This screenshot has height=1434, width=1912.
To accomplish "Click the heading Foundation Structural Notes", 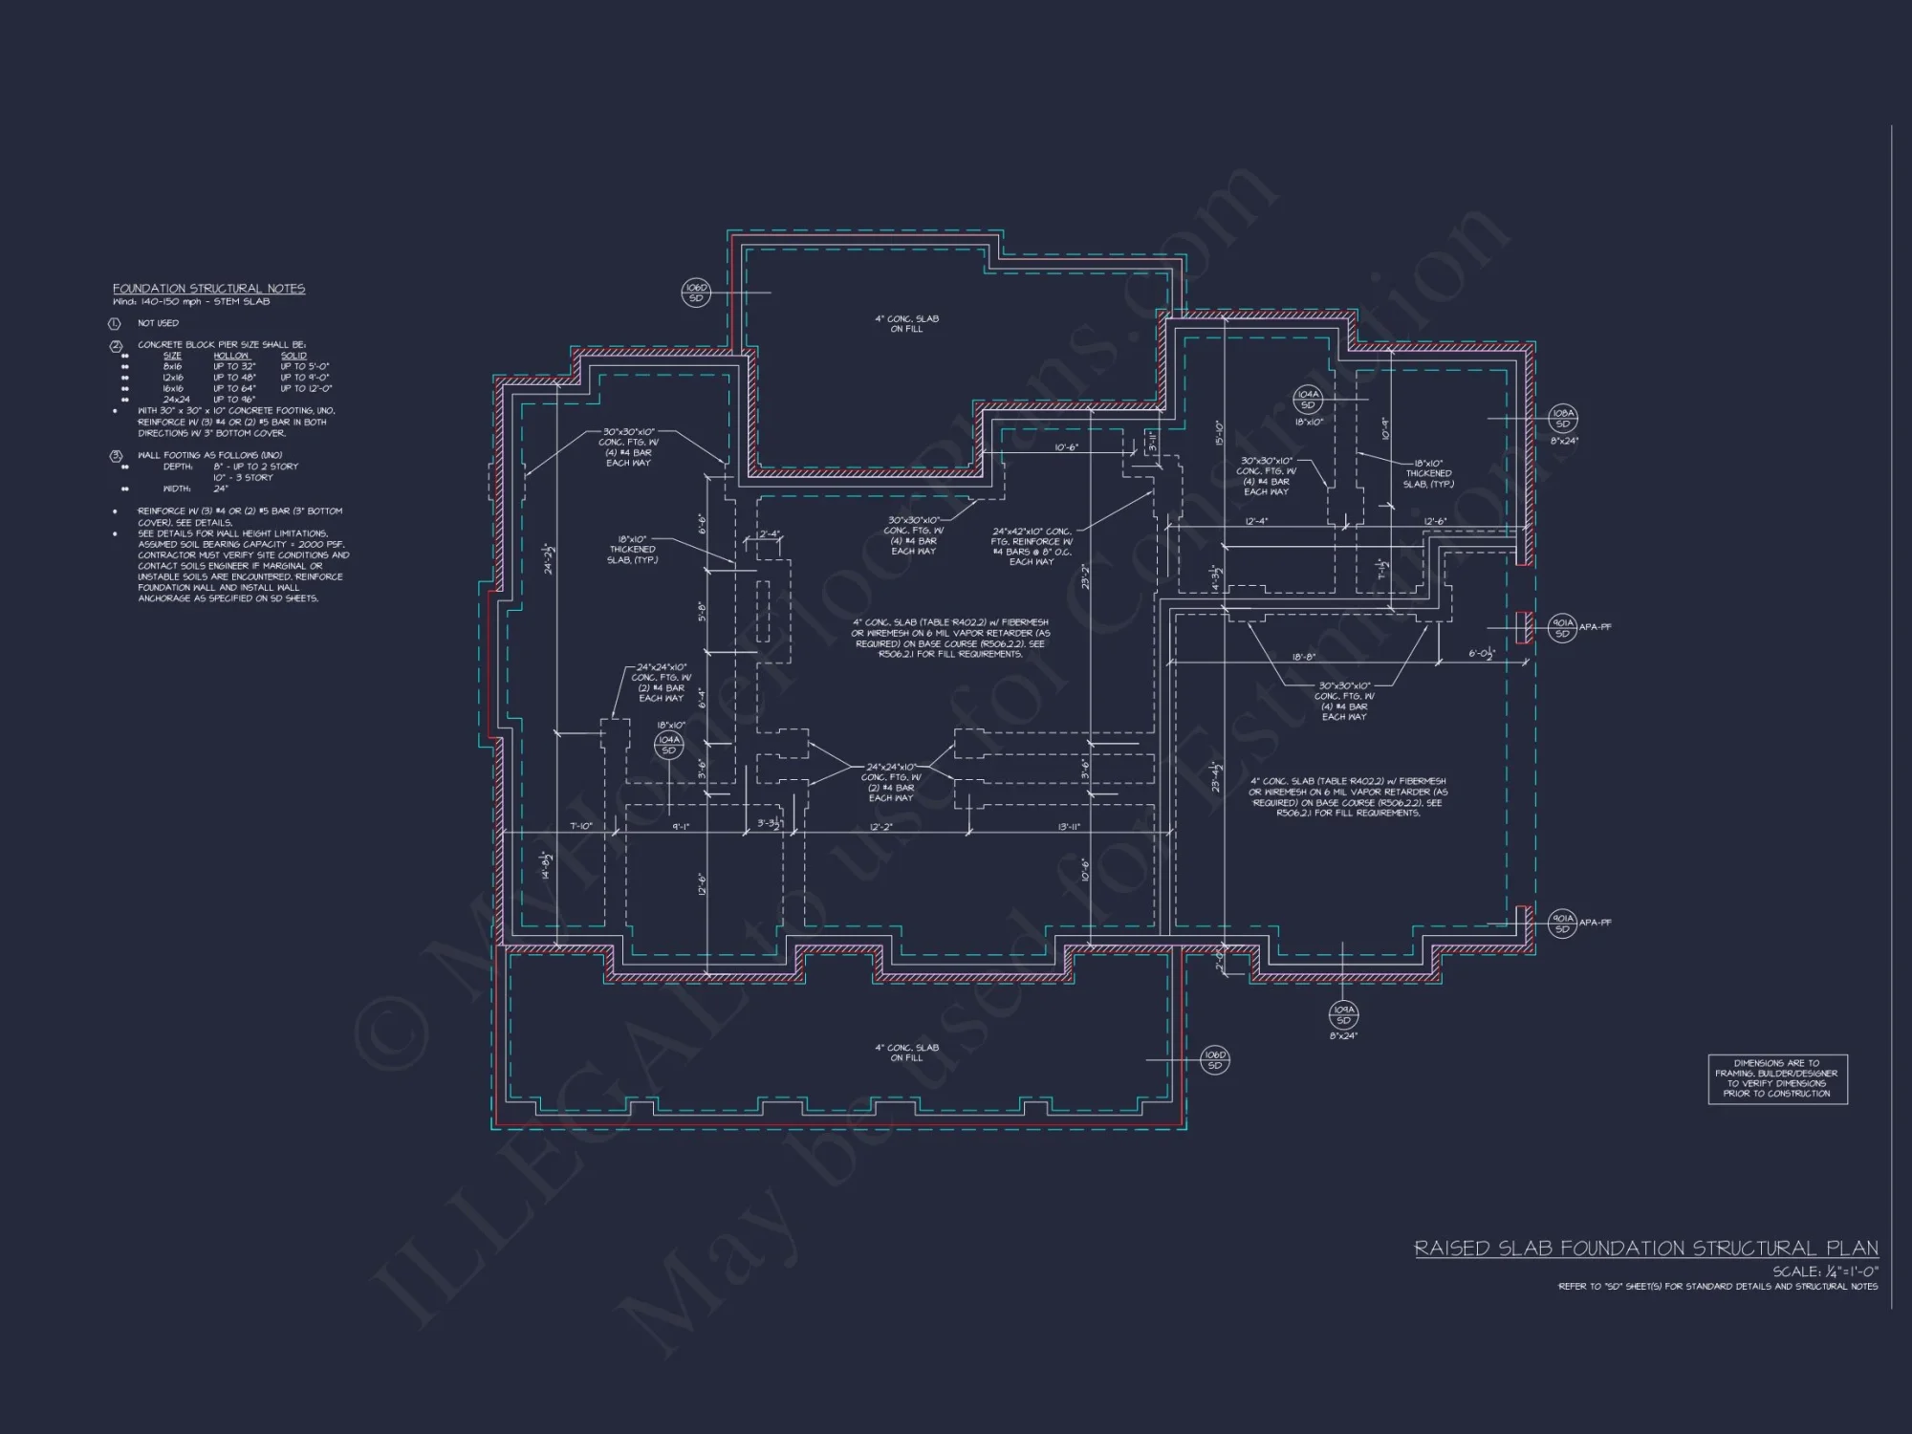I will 208,289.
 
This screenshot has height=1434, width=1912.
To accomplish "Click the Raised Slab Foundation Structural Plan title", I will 1645,1249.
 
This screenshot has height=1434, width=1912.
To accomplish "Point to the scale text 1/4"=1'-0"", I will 1825,1271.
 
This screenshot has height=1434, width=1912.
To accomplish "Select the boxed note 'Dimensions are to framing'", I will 1777,1078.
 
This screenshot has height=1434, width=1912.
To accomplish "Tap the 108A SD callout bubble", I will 1562,418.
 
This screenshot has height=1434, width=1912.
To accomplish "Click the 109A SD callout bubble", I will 1342,1014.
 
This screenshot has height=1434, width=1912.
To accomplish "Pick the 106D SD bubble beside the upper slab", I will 695,293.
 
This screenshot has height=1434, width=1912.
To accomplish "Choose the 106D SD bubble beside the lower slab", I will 1214,1059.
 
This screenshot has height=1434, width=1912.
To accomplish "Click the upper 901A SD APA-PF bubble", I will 1562,627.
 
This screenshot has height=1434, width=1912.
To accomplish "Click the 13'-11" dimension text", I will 1069,827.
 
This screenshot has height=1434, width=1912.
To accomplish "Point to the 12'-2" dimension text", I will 881,827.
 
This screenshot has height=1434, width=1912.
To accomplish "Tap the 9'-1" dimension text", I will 680,827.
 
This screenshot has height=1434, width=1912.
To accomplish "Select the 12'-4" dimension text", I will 1256,521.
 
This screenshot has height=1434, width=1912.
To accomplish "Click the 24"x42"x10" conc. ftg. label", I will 1032,532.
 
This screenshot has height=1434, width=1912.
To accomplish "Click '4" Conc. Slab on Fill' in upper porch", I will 906,323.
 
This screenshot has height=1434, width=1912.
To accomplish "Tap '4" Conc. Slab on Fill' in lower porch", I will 906,1053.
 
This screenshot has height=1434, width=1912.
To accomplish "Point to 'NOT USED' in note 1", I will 158,323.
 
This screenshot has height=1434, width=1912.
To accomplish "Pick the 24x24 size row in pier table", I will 176,400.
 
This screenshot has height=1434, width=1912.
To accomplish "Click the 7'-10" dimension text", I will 581,827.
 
